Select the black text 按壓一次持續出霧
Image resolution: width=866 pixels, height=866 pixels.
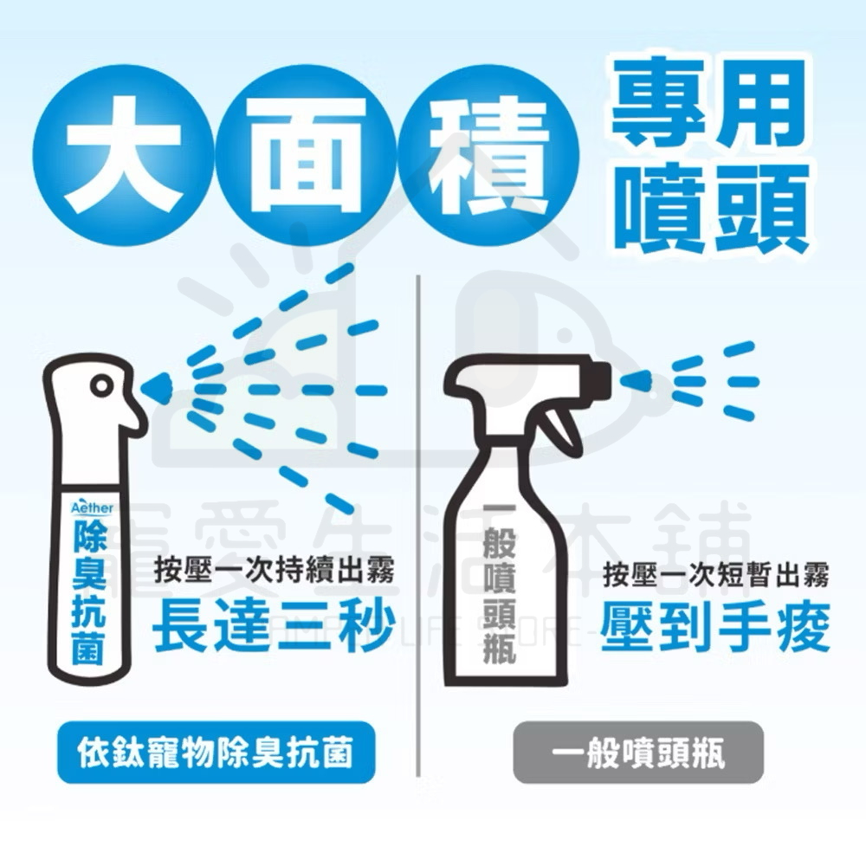(x=275, y=572)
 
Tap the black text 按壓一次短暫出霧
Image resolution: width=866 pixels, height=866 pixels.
(x=716, y=573)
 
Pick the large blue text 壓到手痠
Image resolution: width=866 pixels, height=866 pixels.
(x=716, y=626)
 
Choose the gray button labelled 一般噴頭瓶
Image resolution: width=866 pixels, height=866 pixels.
(x=638, y=753)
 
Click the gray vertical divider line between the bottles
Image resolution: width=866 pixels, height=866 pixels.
(x=419, y=520)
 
